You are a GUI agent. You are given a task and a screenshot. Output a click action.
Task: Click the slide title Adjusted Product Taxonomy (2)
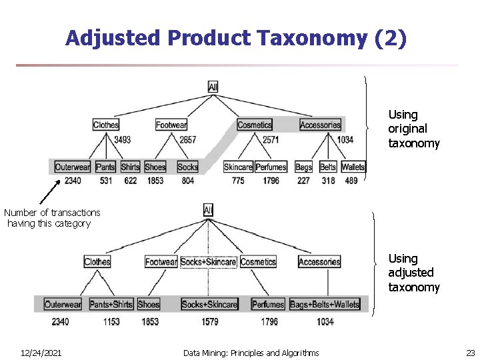click(x=235, y=38)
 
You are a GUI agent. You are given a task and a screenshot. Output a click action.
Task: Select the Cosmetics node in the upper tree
click(x=255, y=125)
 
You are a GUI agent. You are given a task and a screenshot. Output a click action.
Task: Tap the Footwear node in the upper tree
click(x=171, y=125)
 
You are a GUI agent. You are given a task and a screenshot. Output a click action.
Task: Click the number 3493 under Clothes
click(x=122, y=140)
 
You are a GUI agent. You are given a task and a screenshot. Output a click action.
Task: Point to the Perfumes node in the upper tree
click(x=271, y=167)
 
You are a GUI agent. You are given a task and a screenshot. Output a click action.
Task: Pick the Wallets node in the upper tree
click(x=353, y=167)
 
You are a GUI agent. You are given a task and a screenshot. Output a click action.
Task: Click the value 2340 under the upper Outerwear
click(x=68, y=181)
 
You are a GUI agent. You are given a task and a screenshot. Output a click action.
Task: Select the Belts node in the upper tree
click(x=327, y=167)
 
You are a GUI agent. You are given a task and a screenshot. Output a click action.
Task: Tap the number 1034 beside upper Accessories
click(x=345, y=140)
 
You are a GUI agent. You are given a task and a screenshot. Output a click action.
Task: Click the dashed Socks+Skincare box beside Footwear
click(x=208, y=262)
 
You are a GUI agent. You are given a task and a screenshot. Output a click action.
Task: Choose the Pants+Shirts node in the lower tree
click(x=111, y=304)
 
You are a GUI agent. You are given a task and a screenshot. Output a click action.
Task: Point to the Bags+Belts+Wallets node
click(x=325, y=304)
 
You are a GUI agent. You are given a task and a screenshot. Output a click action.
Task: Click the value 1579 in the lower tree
click(x=209, y=322)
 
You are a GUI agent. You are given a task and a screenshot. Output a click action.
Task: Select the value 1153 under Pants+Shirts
click(x=111, y=322)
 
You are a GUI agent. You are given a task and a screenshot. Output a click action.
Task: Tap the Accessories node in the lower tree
click(x=319, y=262)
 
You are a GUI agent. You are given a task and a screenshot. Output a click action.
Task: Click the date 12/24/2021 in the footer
click(x=41, y=353)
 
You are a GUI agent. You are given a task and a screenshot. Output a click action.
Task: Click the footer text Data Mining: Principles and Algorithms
click(x=251, y=353)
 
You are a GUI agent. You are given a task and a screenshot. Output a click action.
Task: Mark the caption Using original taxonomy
click(x=414, y=129)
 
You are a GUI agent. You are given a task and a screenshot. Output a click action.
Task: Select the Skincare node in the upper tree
click(x=238, y=167)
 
